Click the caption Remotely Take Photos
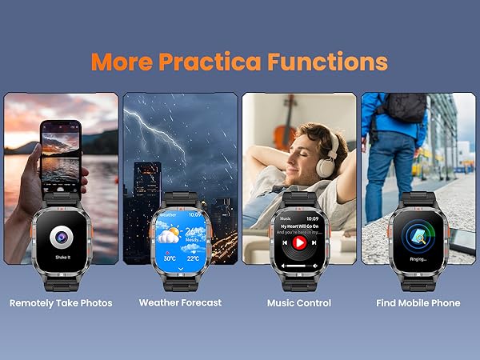pos(61,303)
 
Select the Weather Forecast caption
pos(180,303)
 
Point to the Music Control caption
pos(298,303)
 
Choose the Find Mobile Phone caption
pos(418,303)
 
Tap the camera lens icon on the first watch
pos(61,237)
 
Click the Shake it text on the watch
pos(61,258)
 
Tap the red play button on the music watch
pos(298,242)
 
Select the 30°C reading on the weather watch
pos(170,258)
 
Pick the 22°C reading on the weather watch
pos(192,258)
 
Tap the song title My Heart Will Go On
pos(298,226)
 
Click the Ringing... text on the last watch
pos(418,258)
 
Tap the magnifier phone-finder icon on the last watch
pos(418,235)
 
